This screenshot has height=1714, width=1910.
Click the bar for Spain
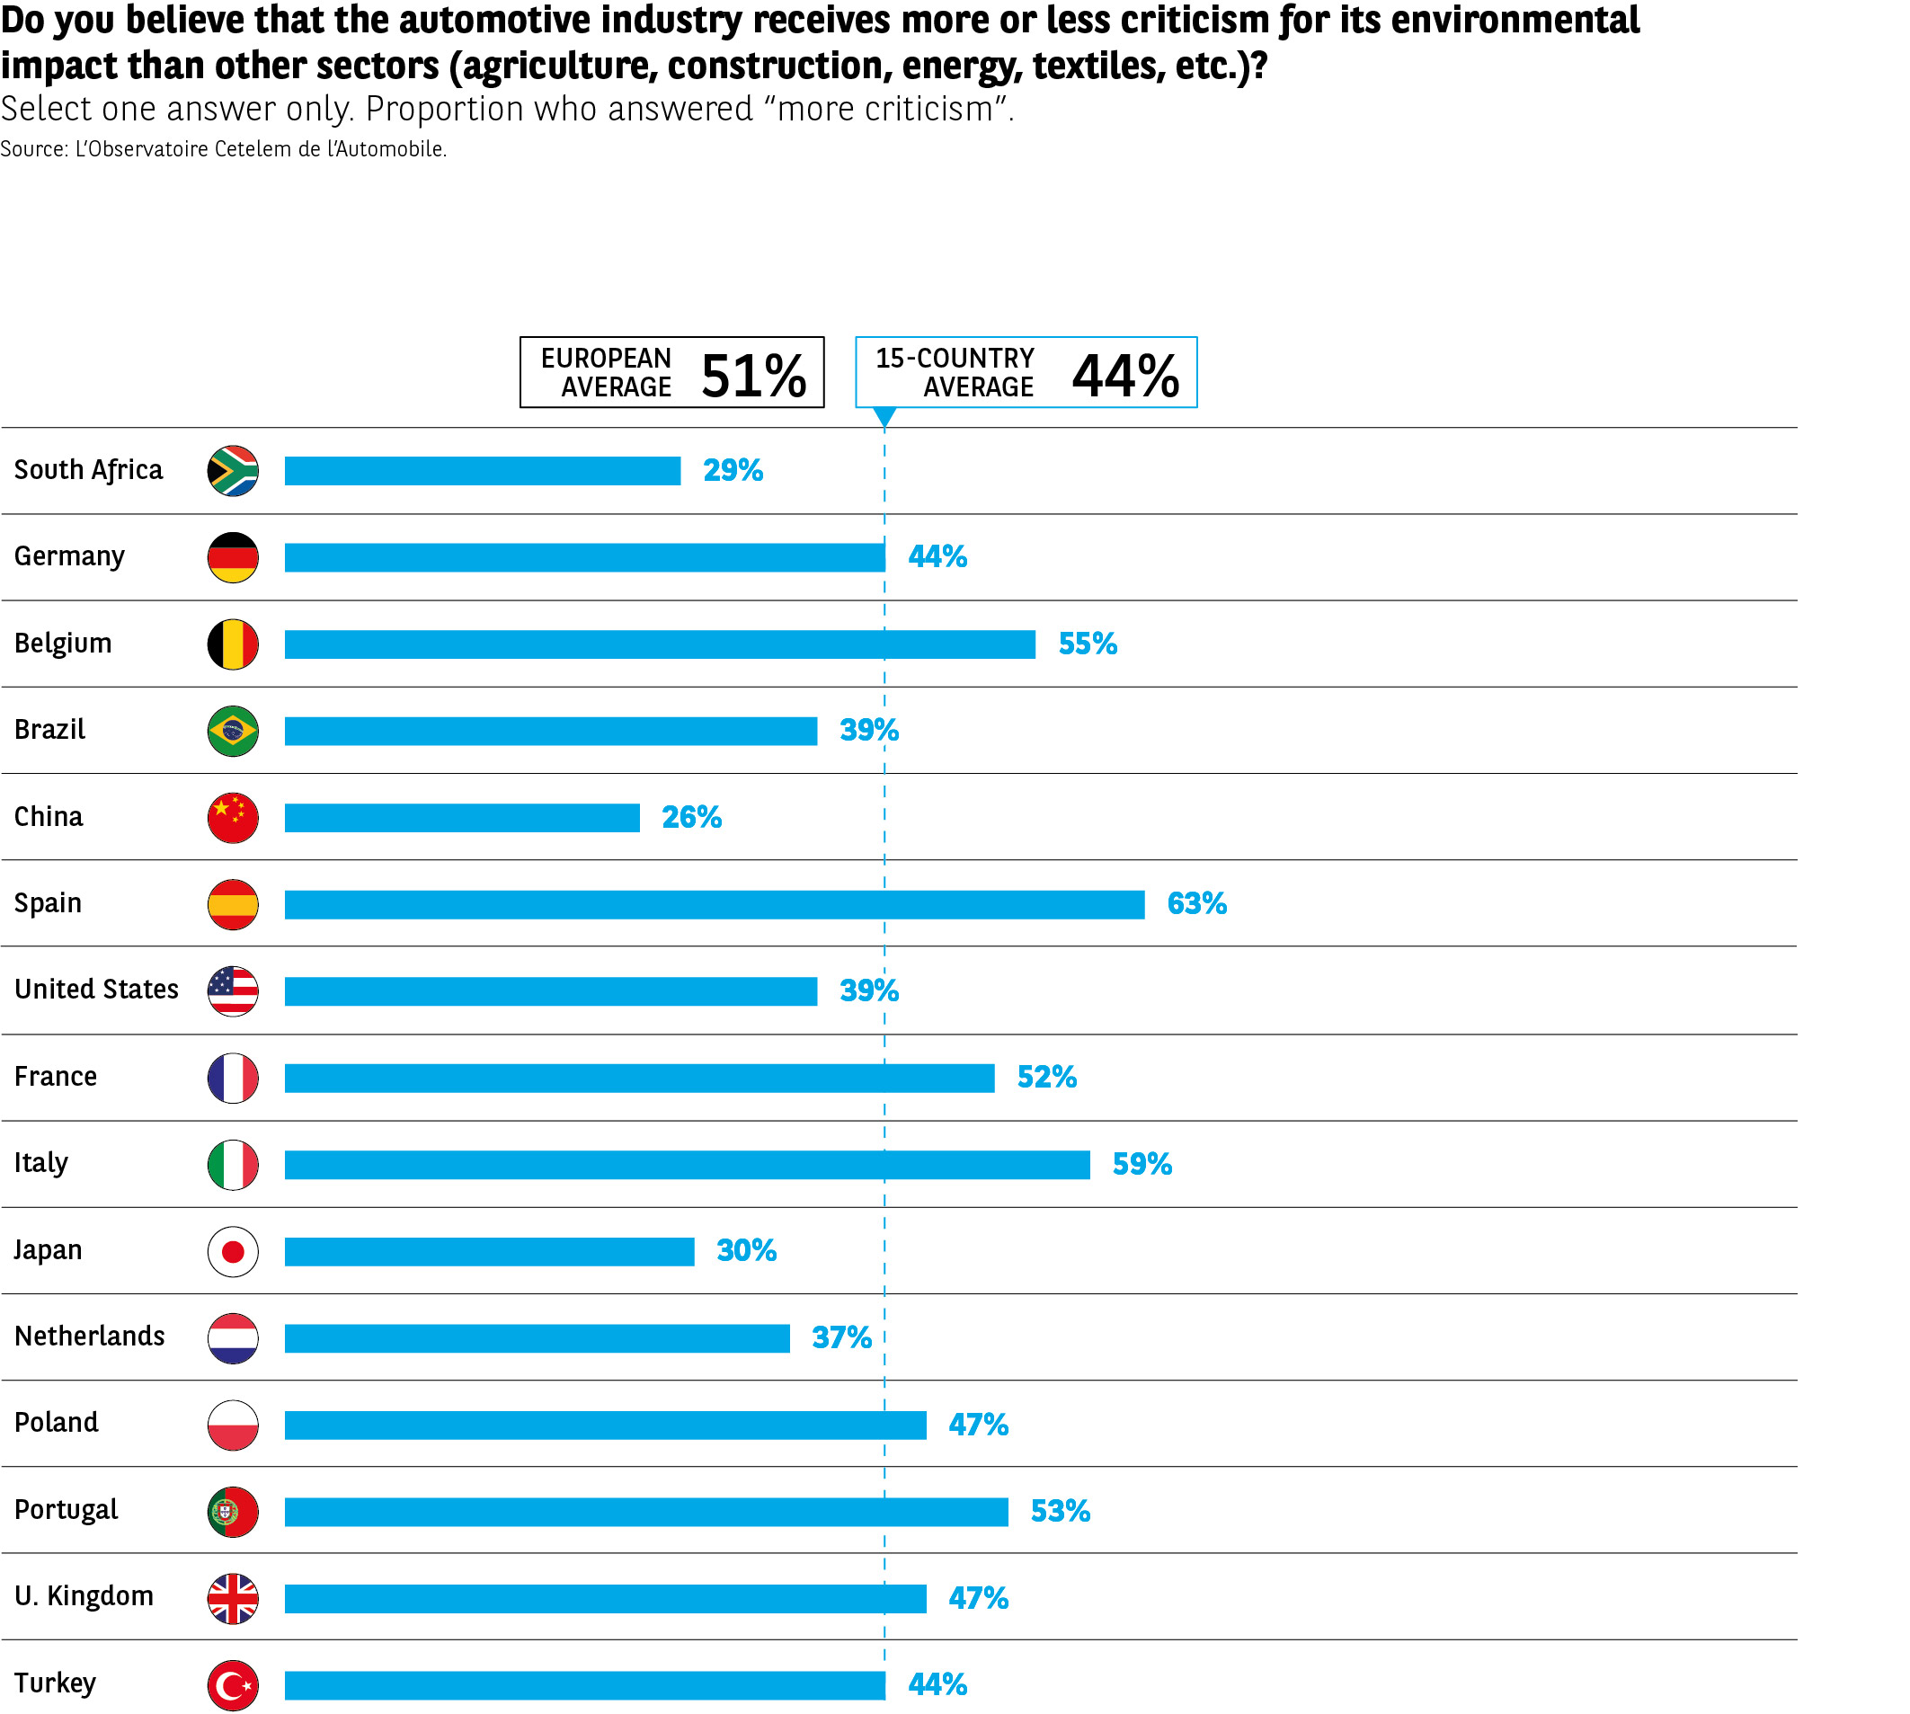tap(714, 904)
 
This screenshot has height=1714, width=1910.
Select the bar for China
tap(461, 817)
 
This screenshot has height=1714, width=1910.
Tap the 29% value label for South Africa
tap(733, 470)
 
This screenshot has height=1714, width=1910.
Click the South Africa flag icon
tap(233, 471)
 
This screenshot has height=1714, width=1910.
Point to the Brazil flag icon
tap(233, 731)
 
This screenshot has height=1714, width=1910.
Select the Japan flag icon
tap(233, 1252)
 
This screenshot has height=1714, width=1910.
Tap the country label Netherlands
tap(90, 1337)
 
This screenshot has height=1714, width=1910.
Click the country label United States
tap(96, 989)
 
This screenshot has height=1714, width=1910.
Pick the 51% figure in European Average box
tap(753, 376)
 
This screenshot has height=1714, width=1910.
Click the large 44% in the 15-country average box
tap(1125, 376)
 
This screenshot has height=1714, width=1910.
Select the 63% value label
tap(1197, 904)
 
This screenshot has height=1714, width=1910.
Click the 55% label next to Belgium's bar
tap(1088, 644)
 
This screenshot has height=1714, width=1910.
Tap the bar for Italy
tap(687, 1165)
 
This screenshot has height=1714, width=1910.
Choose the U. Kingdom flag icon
tap(233, 1599)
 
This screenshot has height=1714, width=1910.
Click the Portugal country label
tap(66, 1510)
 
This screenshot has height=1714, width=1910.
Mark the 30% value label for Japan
tap(746, 1250)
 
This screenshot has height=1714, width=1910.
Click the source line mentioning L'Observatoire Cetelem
tap(223, 149)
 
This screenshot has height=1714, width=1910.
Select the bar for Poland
tap(605, 1425)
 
